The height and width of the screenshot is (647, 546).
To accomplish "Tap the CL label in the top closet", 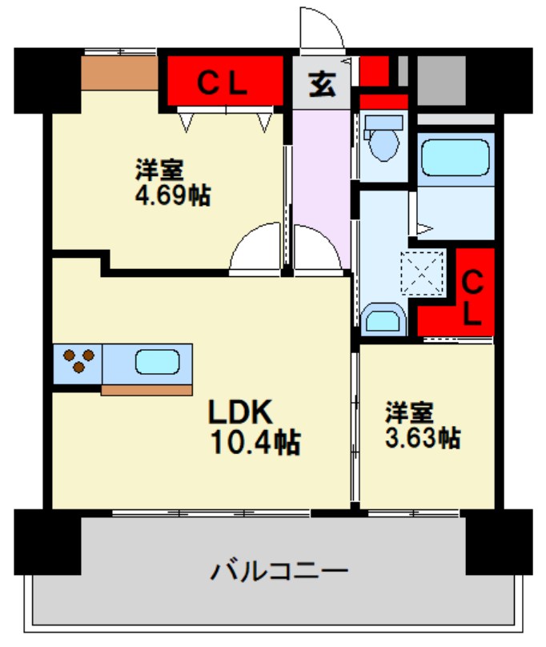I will click(223, 81).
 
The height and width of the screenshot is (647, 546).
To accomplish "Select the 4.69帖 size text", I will click(172, 195).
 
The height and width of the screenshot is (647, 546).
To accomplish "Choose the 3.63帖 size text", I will click(422, 438).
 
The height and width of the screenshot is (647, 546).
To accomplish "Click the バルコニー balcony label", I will click(279, 572).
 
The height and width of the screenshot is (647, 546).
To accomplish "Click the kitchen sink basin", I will click(157, 362).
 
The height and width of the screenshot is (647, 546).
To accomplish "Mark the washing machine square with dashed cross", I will click(422, 270).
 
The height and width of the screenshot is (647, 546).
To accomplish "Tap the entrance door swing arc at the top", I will click(322, 27).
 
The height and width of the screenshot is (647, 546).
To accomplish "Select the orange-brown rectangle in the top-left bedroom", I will click(120, 74).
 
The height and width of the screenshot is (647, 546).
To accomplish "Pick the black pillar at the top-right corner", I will click(500, 80).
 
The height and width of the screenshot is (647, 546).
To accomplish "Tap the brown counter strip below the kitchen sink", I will click(148, 390).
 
